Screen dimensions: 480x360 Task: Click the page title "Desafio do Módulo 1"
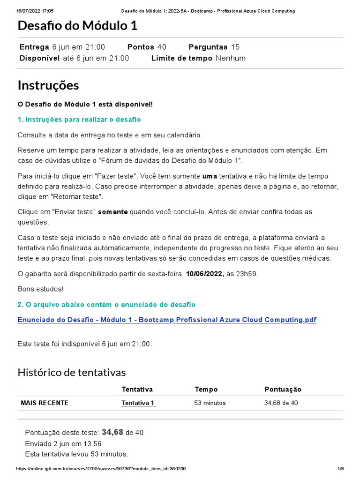coord(77,26)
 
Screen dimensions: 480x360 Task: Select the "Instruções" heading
coord(48,85)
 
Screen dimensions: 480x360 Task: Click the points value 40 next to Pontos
coord(161,47)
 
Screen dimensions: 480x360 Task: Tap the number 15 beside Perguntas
coord(235,47)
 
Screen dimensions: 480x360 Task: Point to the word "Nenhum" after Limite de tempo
coord(230,58)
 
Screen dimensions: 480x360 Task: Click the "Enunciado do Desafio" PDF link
coord(166,320)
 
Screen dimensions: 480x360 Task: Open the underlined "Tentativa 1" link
coord(138,403)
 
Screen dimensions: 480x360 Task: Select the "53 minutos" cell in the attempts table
coord(210,403)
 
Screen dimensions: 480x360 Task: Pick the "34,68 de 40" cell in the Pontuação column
coord(281,403)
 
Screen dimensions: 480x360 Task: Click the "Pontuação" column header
coord(283,390)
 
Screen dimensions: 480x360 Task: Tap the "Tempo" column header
coord(206,390)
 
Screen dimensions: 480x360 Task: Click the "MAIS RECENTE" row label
coord(45,403)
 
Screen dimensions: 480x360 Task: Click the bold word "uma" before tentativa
coord(210,176)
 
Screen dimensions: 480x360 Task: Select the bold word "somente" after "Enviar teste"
coord(112,212)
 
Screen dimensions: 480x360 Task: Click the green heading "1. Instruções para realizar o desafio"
coord(79,120)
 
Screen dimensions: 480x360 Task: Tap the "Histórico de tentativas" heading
coord(72,372)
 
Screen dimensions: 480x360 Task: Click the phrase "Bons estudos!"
coord(40,289)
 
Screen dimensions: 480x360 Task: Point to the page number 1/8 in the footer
coord(341,469)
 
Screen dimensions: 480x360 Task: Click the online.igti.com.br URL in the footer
coord(101,469)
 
